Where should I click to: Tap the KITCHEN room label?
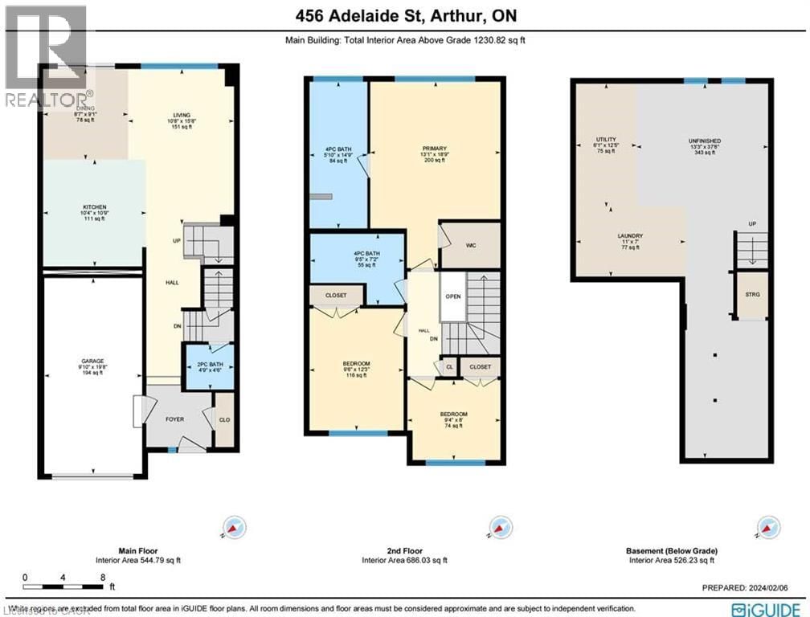(x=94, y=207)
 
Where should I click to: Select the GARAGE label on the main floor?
(x=92, y=361)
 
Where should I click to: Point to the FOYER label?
(x=175, y=419)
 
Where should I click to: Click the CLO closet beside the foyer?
(x=224, y=419)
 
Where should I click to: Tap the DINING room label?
(x=85, y=113)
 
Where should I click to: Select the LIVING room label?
(x=175, y=115)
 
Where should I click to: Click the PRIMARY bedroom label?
(x=434, y=149)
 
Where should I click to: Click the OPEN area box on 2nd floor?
(x=452, y=296)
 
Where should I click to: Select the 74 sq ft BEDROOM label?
(x=454, y=415)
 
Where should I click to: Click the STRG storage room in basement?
(x=752, y=295)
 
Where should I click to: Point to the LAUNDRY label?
(x=630, y=236)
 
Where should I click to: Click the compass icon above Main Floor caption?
(x=235, y=528)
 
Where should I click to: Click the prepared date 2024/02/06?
(x=751, y=587)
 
